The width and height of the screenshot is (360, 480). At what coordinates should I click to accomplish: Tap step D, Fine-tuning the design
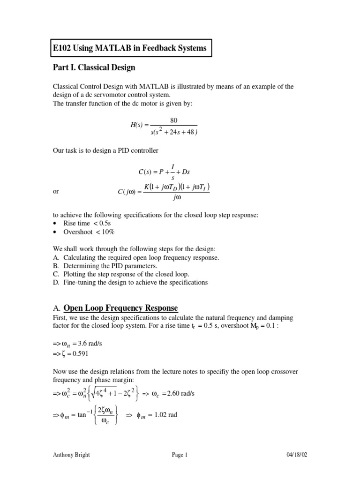[x=129, y=282]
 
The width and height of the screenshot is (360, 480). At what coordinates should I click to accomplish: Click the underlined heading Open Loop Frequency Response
[x=120, y=308]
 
